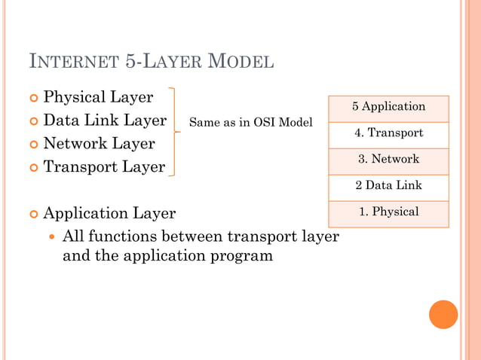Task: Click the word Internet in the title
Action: pyautogui.click(x=72, y=62)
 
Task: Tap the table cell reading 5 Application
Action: pyautogui.click(x=389, y=107)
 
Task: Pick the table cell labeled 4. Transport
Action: pyautogui.click(x=389, y=133)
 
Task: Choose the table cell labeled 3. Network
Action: pyautogui.click(x=389, y=159)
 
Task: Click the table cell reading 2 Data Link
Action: pyautogui.click(x=389, y=185)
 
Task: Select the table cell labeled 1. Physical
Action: pyautogui.click(x=389, y=212)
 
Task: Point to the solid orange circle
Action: pyautogui.click(x=443, y=314)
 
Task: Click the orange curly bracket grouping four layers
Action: pyautogui.click(x=176, y=132)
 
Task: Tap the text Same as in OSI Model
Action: pyautogui.click(x=250, y=122)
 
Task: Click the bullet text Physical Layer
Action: pyautogui.click(x=98, y=97)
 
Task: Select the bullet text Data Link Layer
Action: pyautogui.click(x=105, y=121)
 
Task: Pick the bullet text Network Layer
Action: pyautogui.click(x=99, y=144)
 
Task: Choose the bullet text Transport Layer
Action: pyautogui.click(x=104, y=167)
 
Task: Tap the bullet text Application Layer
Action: pyautogui.click(x=109, y=214)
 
